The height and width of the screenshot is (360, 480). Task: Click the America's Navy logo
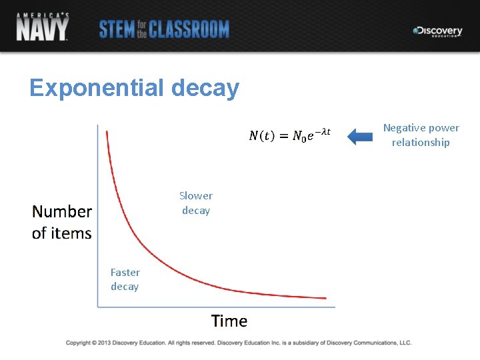(x=42, y=27)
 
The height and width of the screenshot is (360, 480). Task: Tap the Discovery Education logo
(x=437, y=31)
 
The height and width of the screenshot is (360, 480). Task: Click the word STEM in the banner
(x=117, y=29)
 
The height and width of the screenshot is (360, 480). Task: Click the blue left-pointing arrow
(x=361, y=137)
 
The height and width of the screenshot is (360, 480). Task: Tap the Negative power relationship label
(x=421, y=135)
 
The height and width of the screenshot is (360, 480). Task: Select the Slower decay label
(x=195, y=203)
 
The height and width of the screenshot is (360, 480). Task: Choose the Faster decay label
(x=125, y=279)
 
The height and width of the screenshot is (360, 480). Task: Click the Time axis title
(x=229, y=321)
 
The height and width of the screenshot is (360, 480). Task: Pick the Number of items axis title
(x=62, y=222)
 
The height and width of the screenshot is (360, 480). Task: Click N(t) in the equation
(x=261, y=136)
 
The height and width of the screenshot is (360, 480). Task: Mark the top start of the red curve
(x=107, y=131)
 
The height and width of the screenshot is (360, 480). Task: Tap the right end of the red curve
(x=325, y=298)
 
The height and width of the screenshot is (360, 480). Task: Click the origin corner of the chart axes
(x=98, y=307)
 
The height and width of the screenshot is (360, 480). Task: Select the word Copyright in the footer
(x=78, y=343)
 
